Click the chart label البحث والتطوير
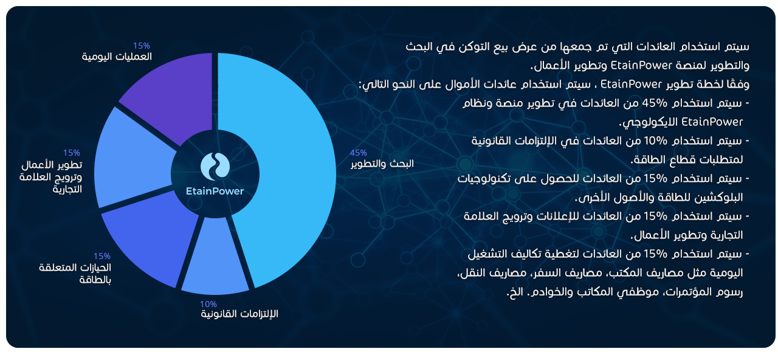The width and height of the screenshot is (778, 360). pos(382,164)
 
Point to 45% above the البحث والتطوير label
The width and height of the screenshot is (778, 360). pos(359,153)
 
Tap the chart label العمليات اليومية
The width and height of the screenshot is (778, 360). pos(117,57)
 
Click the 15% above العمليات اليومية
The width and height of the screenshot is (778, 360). pos(142,46)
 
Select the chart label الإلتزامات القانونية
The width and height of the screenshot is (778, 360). pos(239,314)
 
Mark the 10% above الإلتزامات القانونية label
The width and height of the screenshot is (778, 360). pos(208,304)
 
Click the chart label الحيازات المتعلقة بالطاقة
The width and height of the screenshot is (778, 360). pos(75,274)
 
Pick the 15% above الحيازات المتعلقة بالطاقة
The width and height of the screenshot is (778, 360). pos(102,256)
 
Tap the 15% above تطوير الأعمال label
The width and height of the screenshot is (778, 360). pos(72,153)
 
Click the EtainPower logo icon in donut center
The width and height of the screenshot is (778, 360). pos(215,167)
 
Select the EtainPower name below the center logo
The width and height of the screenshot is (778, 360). pos(215,191)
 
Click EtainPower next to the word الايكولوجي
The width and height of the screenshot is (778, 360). pos(712,122)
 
